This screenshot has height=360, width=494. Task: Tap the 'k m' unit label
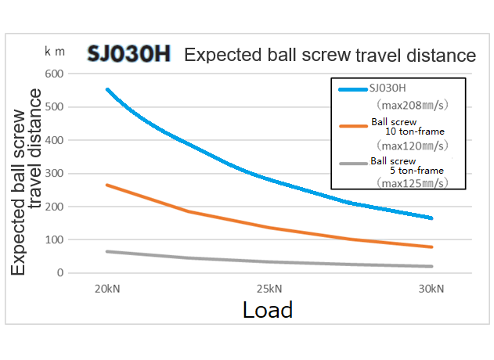(54, 52)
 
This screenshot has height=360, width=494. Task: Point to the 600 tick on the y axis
(54, 74)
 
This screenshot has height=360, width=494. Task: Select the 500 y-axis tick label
(54, 107)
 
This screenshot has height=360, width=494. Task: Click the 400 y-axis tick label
(54, 140)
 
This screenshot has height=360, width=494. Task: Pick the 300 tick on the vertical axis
(54, 174)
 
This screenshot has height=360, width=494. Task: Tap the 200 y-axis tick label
(54, 207)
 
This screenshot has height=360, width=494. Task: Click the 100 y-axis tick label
(54, 240)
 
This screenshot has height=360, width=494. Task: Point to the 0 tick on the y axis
(59, 273)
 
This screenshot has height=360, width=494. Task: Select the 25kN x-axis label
(269, 289)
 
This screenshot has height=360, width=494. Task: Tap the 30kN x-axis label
(431, 289)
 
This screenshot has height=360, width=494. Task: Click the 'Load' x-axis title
(268, 310)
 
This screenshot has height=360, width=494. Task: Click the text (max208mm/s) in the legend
(411, 103)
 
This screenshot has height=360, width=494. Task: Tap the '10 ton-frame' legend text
(411, 132)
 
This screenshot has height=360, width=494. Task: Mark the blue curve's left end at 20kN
(107, 90)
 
